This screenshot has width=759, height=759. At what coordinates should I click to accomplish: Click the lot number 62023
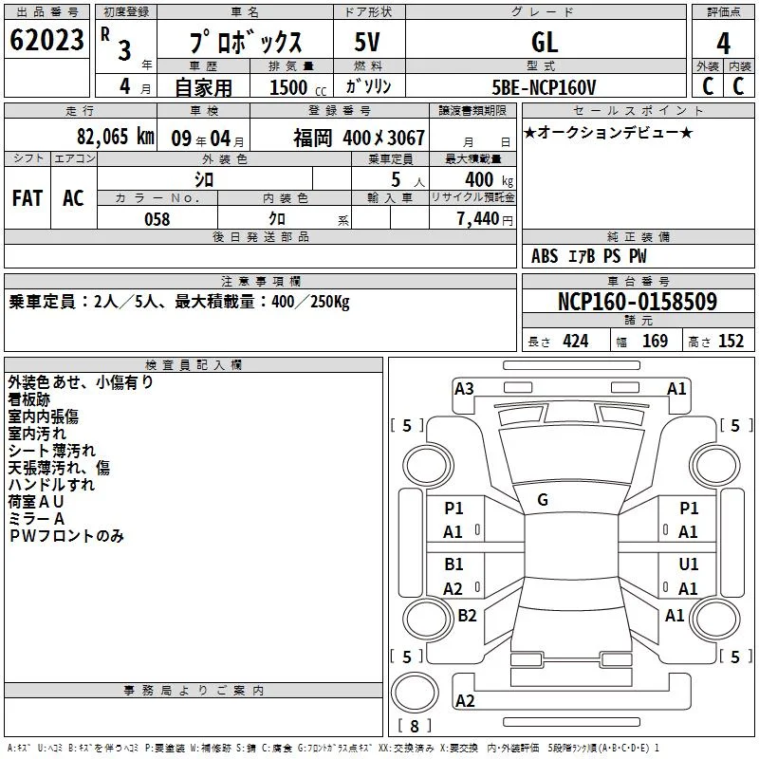46,40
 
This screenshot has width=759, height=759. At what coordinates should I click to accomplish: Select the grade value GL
545,42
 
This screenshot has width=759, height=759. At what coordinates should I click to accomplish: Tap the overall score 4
723,44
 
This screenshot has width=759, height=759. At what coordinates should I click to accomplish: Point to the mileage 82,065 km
116,137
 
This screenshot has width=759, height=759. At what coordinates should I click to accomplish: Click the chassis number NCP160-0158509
638,302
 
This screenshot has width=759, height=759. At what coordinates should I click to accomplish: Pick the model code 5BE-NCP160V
544,87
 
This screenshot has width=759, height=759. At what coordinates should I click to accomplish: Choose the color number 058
157,219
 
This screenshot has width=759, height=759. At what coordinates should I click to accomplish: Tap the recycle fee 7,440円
485,219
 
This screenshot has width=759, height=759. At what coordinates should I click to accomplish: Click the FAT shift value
28,198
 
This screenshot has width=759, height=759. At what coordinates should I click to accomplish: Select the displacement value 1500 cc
298,87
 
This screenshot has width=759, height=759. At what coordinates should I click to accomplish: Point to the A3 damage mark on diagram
464,389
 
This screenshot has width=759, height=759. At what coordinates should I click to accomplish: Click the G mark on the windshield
543,500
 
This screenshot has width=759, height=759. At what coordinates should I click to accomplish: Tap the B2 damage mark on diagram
467,615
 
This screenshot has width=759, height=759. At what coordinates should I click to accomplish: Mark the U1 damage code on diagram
689,564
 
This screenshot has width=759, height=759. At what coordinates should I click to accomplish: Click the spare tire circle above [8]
415,694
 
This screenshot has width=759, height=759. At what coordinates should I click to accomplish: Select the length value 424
576,342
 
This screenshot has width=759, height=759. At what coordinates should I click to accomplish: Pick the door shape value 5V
367,42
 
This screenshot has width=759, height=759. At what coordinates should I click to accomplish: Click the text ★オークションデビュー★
608,132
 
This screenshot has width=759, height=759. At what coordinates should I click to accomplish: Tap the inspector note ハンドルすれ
51,485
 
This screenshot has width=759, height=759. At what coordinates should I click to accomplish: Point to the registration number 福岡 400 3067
360,138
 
